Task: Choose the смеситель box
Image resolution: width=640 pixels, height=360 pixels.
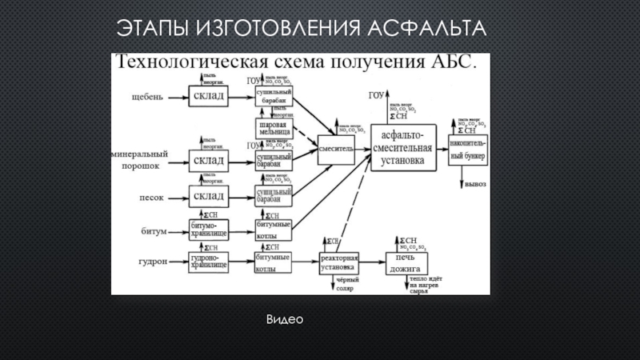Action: pos(336,148)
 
